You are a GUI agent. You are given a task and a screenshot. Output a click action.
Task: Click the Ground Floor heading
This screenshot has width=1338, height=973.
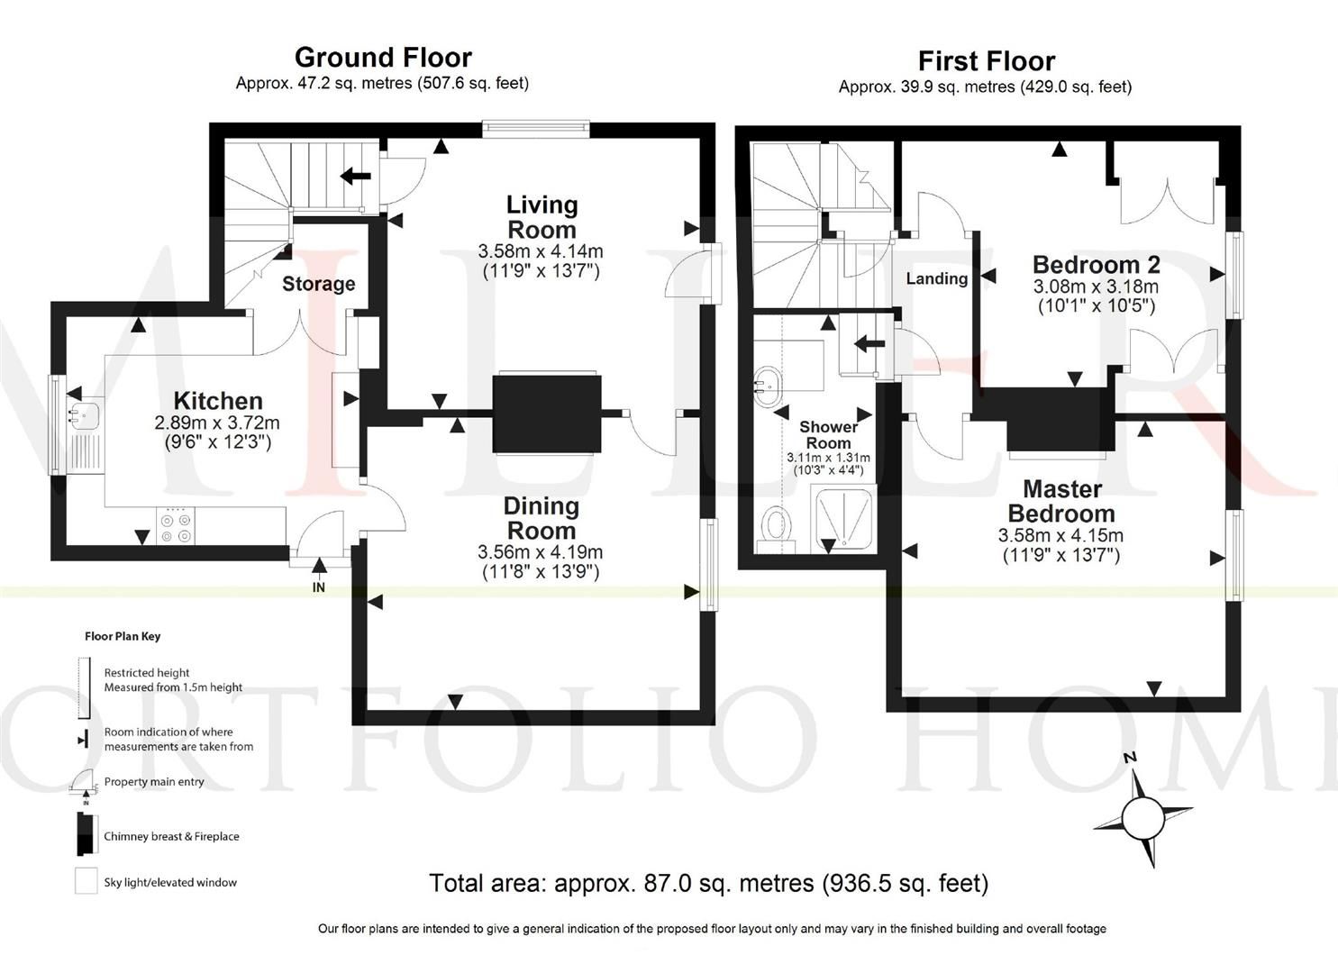383,58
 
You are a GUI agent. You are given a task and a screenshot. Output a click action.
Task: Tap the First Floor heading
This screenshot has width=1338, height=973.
986,61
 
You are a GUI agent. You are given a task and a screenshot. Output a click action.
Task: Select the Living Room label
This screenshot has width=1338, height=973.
541,217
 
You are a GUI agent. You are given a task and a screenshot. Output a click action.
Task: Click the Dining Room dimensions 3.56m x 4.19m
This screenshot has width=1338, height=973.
541,552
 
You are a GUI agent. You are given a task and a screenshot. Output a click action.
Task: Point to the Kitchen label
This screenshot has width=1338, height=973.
218,401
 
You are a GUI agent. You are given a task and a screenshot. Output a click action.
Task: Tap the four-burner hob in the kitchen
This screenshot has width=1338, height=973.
176,526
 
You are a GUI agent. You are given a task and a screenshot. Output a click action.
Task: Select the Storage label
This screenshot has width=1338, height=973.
318,284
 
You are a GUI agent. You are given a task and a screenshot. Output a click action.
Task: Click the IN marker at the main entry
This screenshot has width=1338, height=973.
318,587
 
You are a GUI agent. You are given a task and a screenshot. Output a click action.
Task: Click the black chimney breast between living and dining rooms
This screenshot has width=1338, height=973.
547,414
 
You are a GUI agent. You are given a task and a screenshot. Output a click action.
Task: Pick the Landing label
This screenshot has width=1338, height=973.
936,278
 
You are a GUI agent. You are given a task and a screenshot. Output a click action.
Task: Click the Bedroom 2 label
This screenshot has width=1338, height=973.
1096,265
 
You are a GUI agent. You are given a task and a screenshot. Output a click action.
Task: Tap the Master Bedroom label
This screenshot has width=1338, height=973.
1061,501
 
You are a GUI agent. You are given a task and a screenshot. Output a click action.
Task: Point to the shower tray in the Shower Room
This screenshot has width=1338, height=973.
843,520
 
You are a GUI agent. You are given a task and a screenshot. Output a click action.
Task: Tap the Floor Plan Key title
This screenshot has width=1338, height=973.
123,636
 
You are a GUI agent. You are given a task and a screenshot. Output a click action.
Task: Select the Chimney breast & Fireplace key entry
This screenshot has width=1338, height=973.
171,836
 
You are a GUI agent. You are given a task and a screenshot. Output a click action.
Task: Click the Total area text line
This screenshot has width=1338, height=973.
708,883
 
